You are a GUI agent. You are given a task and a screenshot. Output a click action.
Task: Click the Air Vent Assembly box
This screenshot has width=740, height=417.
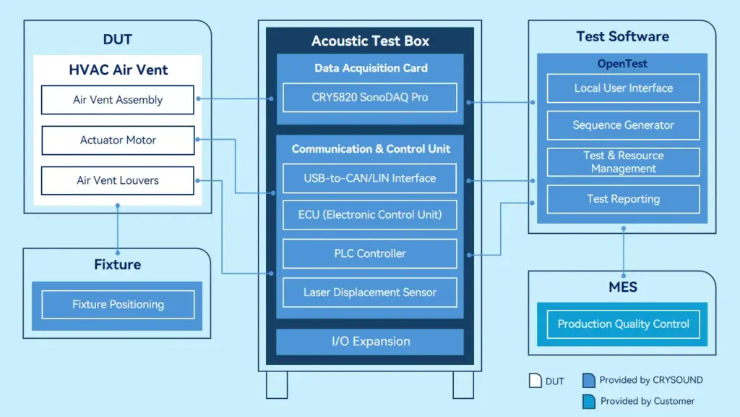click(x=118, y=100)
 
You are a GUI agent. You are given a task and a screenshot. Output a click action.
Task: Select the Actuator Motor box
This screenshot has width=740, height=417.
click(x=118, y=140)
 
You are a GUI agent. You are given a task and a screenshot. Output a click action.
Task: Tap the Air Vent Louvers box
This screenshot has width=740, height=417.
click(x=118, y=180)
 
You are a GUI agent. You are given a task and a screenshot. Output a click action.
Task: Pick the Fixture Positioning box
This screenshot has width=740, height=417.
click(x=118, y=305)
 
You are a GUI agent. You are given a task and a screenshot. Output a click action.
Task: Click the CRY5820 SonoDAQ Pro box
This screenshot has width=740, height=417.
click(x=369, y=98)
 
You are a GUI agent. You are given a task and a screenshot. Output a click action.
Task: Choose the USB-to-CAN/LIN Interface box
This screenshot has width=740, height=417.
click(x=369, y=178)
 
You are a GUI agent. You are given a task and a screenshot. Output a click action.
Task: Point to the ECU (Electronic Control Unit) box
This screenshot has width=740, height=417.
click(x=369, y=215)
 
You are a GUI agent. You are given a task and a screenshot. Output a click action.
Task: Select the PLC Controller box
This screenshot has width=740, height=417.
click(x=369, y=253)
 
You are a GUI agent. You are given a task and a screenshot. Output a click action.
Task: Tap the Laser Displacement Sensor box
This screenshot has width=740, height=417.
click(x=369, y=292)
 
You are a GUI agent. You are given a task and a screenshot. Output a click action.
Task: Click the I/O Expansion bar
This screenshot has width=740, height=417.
click(x=369, y=342)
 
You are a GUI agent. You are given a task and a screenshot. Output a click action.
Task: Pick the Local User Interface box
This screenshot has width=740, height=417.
click(x=623, y=88)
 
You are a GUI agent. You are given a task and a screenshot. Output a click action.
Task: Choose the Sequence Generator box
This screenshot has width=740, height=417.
click(x=623, y=125)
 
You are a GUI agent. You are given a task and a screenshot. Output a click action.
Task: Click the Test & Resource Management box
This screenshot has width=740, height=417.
click(x=623, y=162)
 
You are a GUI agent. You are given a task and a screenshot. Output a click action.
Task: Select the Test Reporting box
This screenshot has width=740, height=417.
click(x=623, y=199)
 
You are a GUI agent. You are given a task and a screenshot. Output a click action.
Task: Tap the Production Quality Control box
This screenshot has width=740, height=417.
click(x=623, y=324)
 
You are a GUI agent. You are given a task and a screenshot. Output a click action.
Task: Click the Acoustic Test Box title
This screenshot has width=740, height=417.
click(x=370, y=41)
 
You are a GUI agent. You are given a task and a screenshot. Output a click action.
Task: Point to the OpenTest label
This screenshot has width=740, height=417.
click(x=622, y=64)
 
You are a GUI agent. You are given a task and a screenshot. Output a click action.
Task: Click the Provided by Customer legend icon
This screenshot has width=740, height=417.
click(x=588, y=401)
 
